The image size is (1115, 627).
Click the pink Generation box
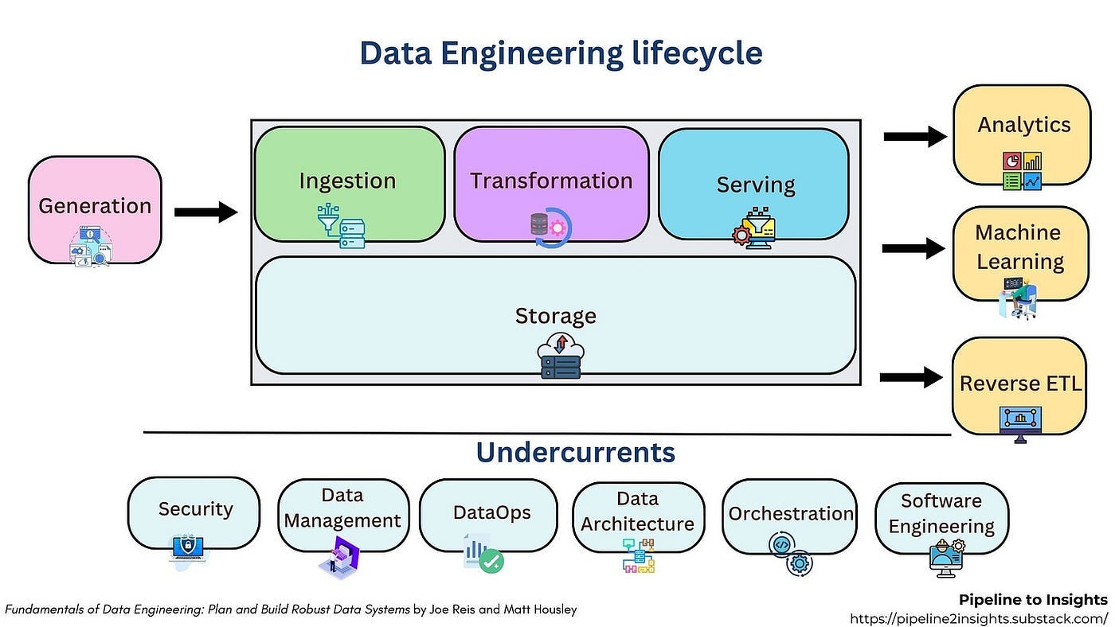[95, 208]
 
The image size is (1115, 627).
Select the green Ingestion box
[349, 183]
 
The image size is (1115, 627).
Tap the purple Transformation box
[551, 183]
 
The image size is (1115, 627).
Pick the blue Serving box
[754, 185]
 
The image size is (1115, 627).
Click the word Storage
[555, 316]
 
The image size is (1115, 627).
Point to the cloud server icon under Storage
[560, 356]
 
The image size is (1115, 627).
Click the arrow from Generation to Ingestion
[205, 212]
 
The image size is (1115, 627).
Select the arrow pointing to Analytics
[914, 137]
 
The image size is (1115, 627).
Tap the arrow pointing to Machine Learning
[913, 248]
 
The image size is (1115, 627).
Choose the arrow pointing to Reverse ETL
[911, 376]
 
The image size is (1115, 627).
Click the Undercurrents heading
[575, 452]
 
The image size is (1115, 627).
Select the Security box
[194, 511]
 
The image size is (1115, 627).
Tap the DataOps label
[491, 513]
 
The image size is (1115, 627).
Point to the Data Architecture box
[637, 513]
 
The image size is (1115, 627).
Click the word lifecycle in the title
[693, 53]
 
